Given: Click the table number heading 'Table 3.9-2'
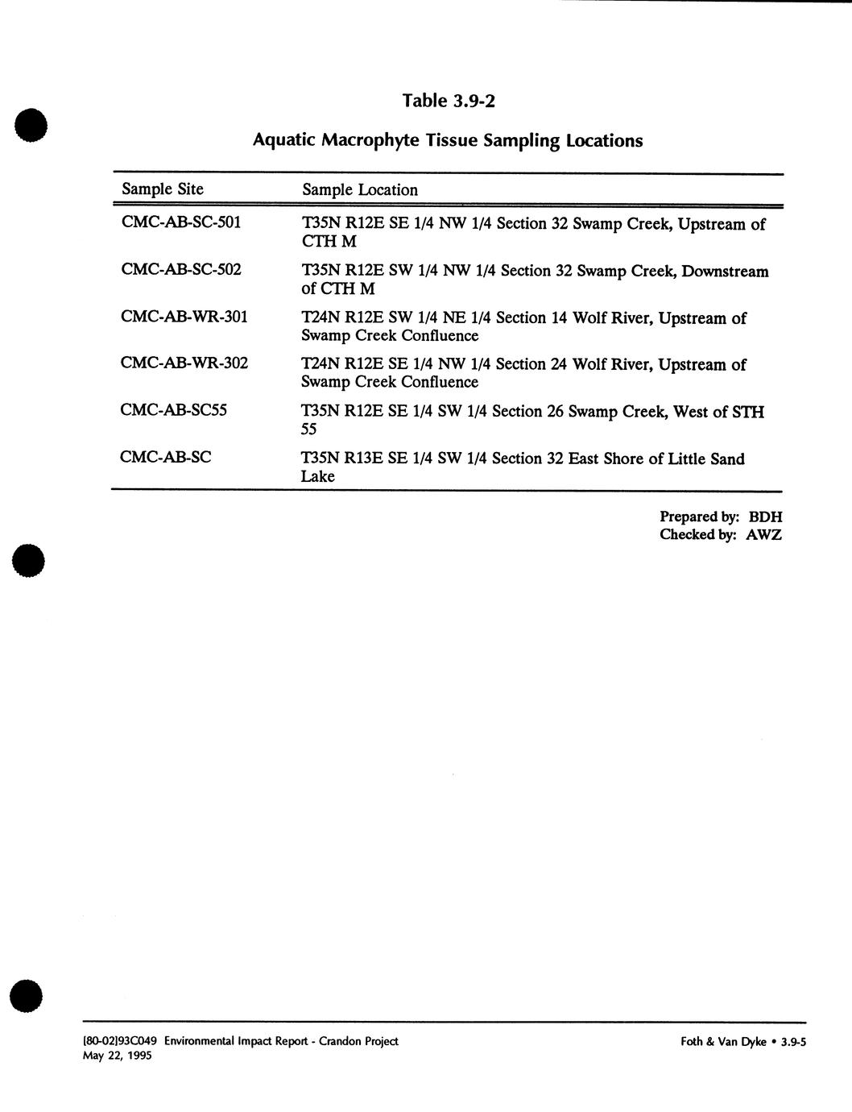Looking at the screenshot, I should [x=448, y=101].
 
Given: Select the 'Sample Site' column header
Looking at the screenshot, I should [x=162, y=189].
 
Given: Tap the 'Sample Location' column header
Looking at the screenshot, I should [x=360, y=190].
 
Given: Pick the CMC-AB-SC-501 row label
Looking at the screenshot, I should [x=180, y=222].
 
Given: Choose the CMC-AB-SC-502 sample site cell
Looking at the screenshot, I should [x=180, y=268].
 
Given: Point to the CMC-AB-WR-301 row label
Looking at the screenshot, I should [x=184, y=316].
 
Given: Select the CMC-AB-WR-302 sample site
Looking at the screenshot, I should [x=184, y=363].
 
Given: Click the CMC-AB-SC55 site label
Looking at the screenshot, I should [x=173, y=410].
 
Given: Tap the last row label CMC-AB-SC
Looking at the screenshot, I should [x=165, y=457].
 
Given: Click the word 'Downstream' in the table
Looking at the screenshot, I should [x=725, y=272].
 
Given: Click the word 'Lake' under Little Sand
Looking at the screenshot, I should [x=317, y=476].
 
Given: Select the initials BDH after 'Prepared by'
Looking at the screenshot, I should [x=765, y=517].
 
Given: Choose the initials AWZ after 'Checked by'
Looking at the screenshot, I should [x=763, y=535].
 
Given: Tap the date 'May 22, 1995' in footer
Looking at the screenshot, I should [x=118, y=1056].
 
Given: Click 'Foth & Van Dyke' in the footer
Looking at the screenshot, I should [x=723, y=1041].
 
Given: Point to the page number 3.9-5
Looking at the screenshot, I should [x=793, y=1041].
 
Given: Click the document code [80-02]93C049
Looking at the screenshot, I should [x=121, y=1041].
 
